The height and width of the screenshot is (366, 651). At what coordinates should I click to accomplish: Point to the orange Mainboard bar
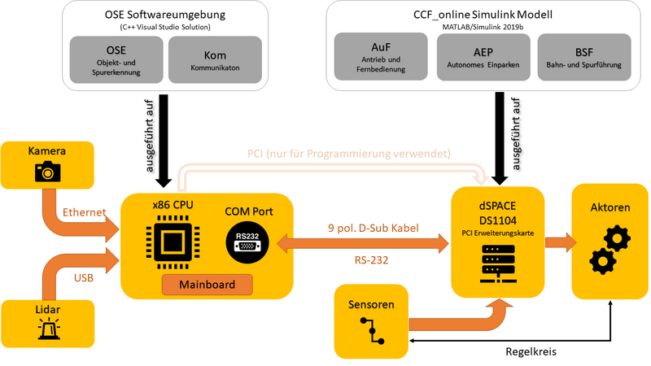(207, 285)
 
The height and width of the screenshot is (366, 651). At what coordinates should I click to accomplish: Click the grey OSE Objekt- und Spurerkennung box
(117, 59)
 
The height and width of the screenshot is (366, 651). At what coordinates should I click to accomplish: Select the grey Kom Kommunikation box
(215, 59)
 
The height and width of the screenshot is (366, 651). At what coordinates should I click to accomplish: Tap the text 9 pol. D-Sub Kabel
(373, 229)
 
